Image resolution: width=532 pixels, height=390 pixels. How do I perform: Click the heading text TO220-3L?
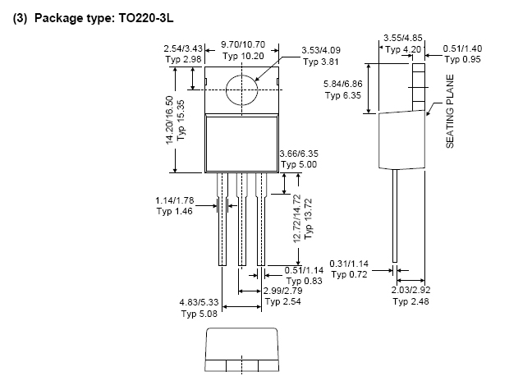146,18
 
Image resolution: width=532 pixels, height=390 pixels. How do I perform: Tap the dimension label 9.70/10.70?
243,44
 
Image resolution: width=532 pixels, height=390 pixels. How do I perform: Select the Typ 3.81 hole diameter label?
321,62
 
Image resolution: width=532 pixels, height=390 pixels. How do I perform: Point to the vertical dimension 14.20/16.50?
170,120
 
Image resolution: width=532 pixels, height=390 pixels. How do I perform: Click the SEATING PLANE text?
450,112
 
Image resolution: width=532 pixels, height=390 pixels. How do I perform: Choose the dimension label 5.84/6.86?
342,84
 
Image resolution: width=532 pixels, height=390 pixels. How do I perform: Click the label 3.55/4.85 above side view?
403,38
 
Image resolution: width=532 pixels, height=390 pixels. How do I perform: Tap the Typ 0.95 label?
463,59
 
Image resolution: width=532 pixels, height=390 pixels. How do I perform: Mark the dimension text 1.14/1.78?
174,200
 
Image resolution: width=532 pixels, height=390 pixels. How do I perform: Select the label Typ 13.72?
308,219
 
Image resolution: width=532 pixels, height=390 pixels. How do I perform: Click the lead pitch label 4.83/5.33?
199,302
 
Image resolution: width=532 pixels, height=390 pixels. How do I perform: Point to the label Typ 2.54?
282,301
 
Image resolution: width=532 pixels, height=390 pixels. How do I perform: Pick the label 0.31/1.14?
349,264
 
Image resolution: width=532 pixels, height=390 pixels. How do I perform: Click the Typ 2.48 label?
410,301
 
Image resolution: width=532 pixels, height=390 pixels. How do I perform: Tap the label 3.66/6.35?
299,154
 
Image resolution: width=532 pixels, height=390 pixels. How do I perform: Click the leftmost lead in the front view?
222,219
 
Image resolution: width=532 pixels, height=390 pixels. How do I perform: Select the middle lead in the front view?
242,219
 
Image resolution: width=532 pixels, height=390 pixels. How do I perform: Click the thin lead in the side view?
395,216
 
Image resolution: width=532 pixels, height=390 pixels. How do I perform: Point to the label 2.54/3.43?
183,48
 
